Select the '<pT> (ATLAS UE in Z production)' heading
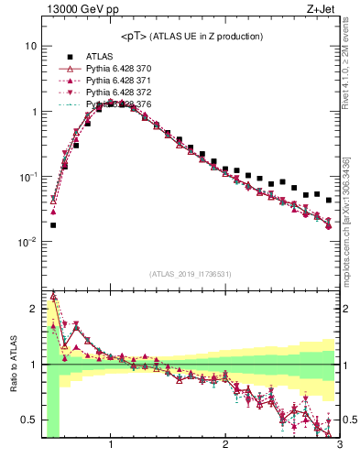pos(191,36)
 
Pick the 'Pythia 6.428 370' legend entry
pos(119,69)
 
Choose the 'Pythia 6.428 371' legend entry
pos(119,81)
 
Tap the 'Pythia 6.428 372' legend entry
pos(119,93)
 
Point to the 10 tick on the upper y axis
pos(30,46)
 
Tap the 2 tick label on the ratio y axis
pos(33,308)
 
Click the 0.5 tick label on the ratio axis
pos(29,420)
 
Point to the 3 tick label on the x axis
pos(339,446)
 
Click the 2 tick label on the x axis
pos(225,446)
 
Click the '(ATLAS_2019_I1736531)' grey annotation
pos(191,274)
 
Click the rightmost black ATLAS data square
pos(329,200)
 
